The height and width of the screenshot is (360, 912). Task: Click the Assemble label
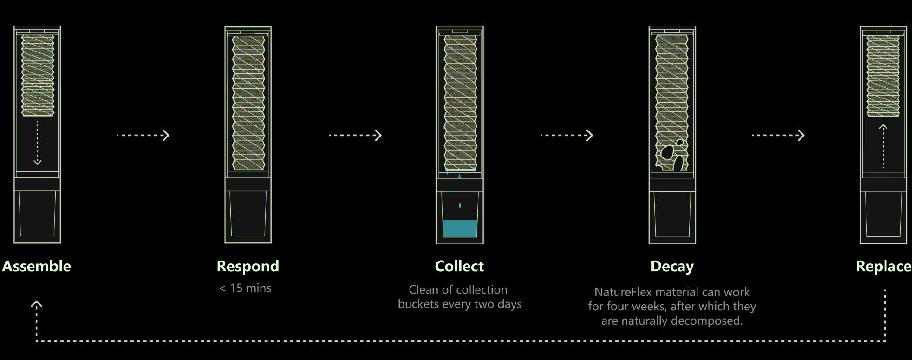[37, 266]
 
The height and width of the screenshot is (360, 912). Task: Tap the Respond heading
[248, 266]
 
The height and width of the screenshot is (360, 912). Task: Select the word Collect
[459, 266]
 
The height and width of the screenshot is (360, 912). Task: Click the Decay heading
[672, 266]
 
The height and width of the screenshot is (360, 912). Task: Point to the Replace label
[883, 266]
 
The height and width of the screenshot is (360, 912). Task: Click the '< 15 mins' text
[245, 288]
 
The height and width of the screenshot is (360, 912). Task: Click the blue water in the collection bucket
[460, 229]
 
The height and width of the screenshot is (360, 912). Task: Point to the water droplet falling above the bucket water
[460, 205]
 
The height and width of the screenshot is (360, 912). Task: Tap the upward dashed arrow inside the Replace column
[883, 146]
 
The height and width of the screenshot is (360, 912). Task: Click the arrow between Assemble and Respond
[143, 135]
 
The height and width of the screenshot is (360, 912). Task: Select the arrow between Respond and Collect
[355, 135]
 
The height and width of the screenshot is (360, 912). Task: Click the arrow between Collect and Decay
[567, 135]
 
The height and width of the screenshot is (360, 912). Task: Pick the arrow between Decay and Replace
[778, 135]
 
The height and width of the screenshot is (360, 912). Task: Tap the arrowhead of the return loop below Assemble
[37, 304]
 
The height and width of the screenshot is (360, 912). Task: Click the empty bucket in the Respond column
[248, 214]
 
